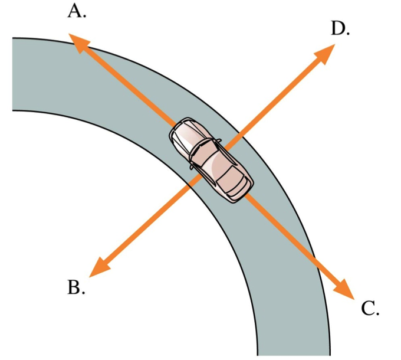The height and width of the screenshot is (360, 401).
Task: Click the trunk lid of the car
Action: [239, 189]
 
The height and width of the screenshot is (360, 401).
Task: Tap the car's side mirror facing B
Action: [192, 167]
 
